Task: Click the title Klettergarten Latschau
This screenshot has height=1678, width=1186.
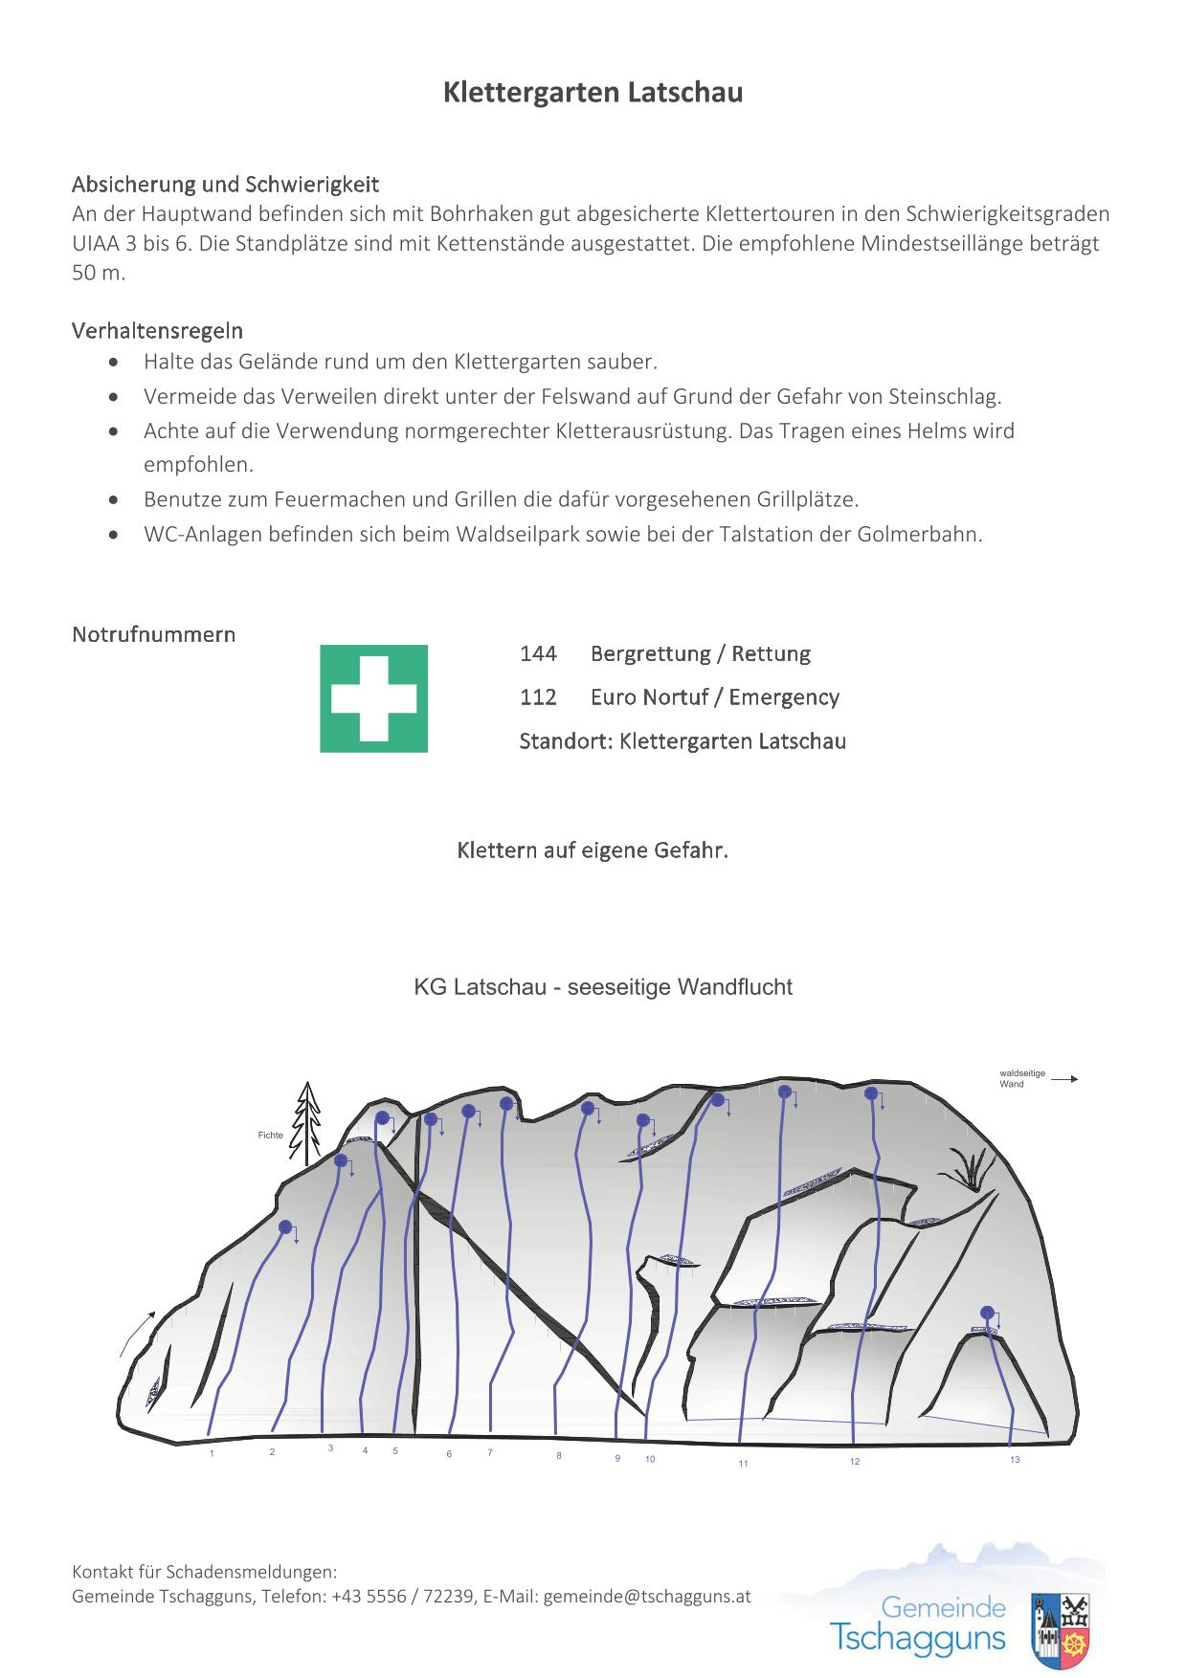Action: [x=593, y=93]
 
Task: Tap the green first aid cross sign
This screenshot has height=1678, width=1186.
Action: [x=373, y=698]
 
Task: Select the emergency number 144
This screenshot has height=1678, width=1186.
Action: [x=538, y=653]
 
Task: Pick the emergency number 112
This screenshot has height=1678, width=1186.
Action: [x=538, y=697]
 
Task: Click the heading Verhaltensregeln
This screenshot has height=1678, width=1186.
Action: [x=157, y=331]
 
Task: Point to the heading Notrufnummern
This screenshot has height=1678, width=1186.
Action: [x=153, y=634]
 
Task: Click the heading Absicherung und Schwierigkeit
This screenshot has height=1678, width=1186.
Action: [x=225, y=184]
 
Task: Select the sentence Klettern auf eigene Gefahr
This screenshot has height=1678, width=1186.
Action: [x=593, y=850]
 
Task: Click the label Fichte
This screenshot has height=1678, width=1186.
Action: [x=270, y=1136]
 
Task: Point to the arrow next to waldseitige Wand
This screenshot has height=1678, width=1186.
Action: [x=1064, y=1079]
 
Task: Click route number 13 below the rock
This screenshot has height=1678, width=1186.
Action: [x=1015, y=1460]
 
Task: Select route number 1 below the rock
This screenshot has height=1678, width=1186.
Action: [x=212, y=1453]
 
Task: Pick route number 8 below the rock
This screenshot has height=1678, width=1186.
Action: [x=559, y=1456]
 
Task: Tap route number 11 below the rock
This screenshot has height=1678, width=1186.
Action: [x=743, y=1464]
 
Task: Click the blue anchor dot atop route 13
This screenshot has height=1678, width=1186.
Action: [x=988, y=1313]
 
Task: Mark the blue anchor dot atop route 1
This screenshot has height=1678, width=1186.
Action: [x=285, y=1226]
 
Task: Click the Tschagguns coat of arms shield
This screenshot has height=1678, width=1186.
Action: [x=1062, y=1631]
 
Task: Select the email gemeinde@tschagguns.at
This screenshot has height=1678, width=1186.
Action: [x=647, y=1597]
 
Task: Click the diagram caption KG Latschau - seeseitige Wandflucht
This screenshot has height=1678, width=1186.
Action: [x=603, y=987]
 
